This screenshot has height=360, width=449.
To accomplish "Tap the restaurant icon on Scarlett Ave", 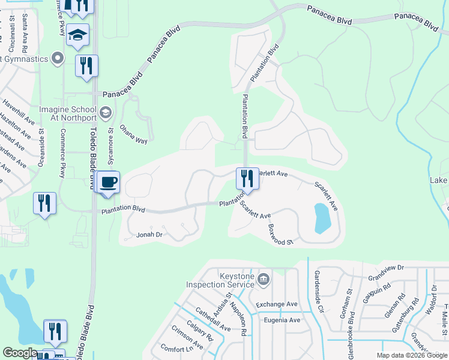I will pos(247,178).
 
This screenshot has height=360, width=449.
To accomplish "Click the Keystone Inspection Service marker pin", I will pos(263,278).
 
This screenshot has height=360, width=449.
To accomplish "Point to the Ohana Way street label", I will pos(134,134).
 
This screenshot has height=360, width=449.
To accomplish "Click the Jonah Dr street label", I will pos(150,235).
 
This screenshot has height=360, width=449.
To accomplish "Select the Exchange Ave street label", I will pos(277,305).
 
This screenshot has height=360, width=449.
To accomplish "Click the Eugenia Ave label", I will pos(282,320).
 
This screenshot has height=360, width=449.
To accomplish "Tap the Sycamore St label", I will pos(110,146).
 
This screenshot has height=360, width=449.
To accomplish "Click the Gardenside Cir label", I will pos(318,292).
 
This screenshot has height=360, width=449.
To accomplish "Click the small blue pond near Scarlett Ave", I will pos(322,218).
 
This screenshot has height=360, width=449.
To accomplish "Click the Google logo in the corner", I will pos(20,353).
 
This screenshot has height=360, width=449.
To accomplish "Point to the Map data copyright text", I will pos(412,355).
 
